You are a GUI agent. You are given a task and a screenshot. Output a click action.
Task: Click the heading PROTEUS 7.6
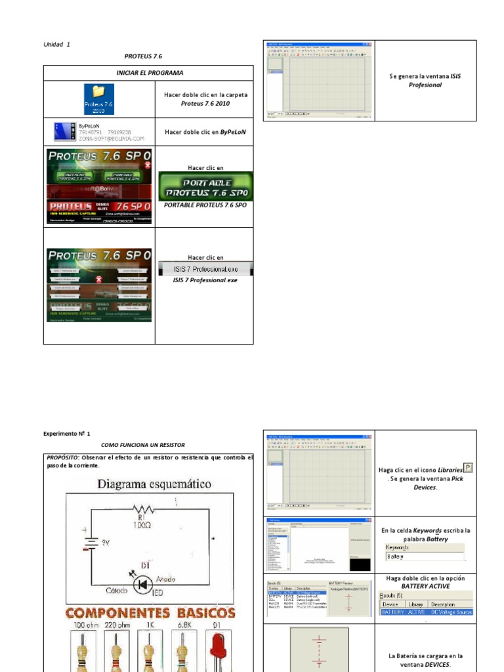point(143,56)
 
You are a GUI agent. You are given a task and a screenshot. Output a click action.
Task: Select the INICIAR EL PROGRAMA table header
point(148,73)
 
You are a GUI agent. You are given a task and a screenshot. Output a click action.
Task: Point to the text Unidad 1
point(56,44)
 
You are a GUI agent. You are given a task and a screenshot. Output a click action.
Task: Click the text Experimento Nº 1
point(67,434)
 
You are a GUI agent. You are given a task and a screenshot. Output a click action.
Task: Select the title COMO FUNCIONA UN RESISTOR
point(143,445)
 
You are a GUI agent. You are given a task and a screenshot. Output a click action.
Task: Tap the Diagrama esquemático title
point(155,484)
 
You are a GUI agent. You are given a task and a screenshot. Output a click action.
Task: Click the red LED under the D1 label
point(219,651)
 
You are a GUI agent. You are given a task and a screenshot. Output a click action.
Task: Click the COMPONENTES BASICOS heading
point(150,613)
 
